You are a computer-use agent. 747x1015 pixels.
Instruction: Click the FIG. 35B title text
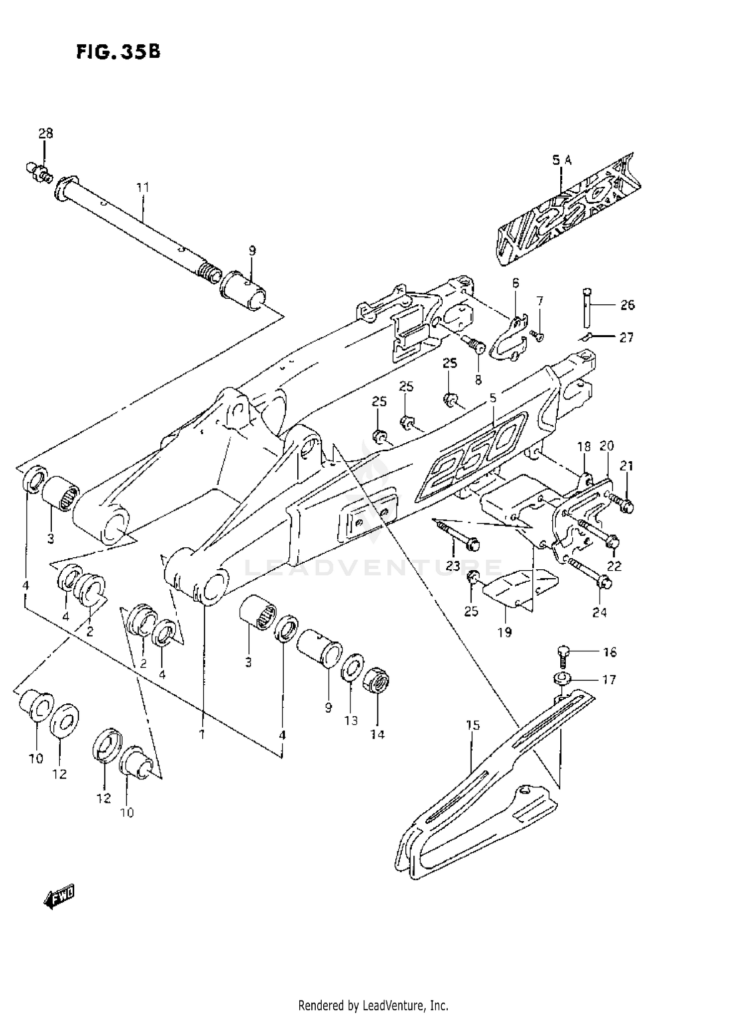coord(119,52)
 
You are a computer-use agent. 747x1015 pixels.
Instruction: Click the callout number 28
coord(45,133)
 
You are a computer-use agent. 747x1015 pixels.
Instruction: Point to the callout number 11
coord(143,188)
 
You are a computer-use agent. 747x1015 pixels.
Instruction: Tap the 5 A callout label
coord(562,160)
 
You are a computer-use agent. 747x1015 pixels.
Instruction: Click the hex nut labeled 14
coord(377,679)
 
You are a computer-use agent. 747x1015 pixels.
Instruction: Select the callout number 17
coord(609,679)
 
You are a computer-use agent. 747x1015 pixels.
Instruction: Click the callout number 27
coord(626,338)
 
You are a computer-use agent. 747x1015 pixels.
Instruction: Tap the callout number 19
coord(504,633)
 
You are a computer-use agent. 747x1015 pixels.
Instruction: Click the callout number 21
coord(626,466)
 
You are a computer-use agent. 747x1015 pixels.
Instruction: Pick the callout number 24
coord(600,612)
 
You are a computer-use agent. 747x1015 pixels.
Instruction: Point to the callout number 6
coord(515,283)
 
